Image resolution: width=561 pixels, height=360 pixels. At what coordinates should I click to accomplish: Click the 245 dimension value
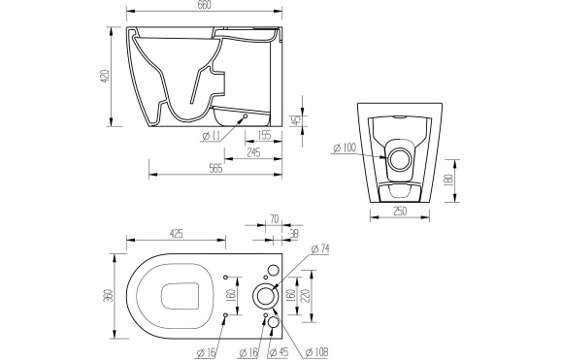tap(251, 152)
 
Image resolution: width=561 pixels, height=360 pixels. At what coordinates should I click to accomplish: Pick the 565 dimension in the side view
tap(214, 169)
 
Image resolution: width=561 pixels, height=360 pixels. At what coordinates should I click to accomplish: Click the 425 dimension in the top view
tap(178, 233)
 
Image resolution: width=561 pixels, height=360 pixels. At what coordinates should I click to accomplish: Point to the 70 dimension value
tap(274, 220)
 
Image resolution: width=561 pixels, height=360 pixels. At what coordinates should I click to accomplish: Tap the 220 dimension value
tap(306, 297)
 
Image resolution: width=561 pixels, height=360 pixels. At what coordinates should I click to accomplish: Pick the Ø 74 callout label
tap(322, 249)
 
